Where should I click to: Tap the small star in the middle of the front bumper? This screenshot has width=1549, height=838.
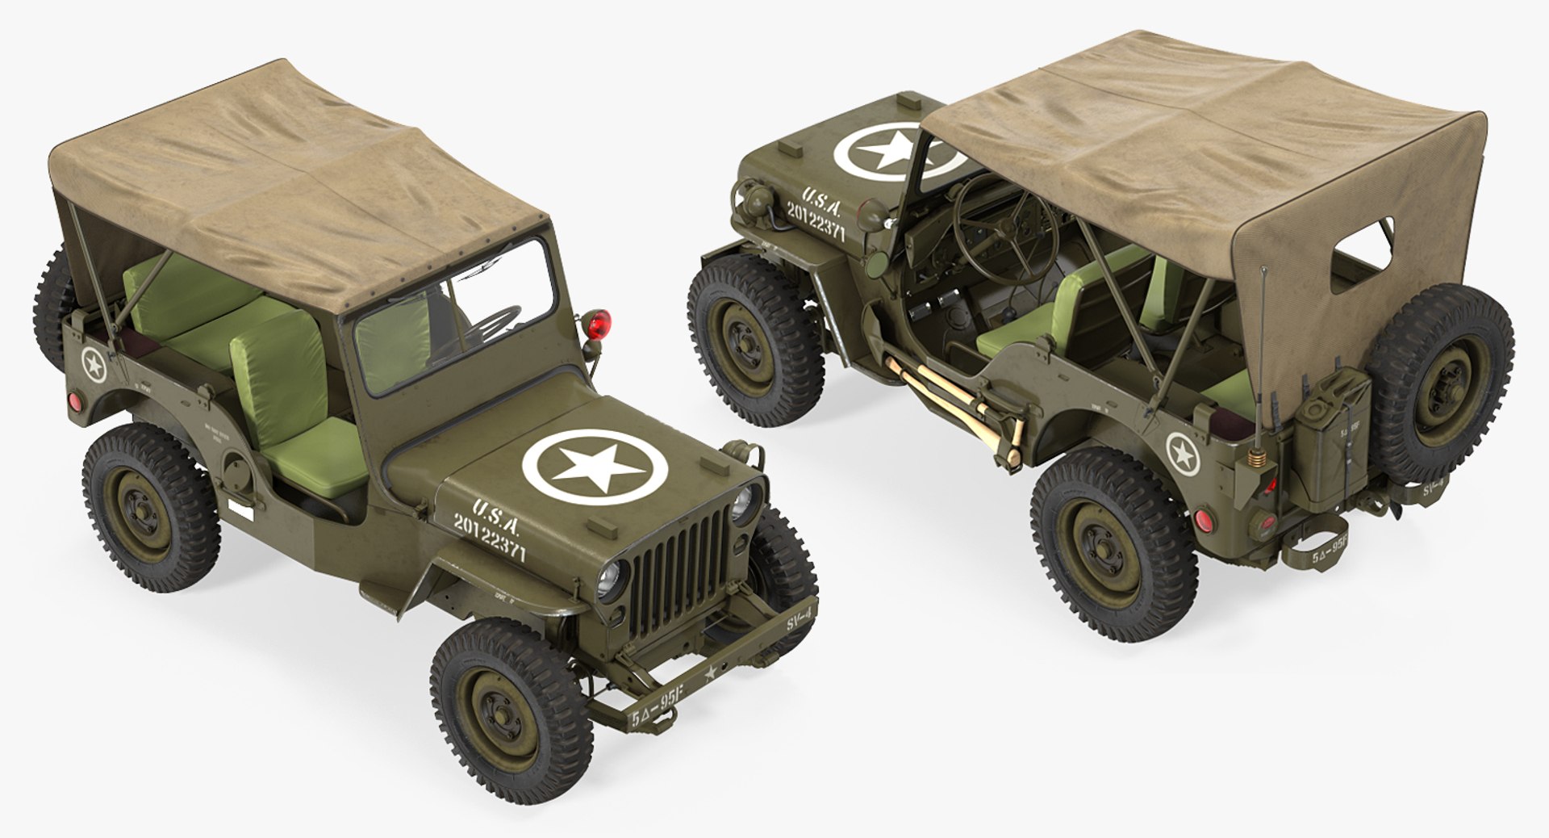[x=711, y=672]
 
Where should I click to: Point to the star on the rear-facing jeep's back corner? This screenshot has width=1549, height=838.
[x=1180, y=450]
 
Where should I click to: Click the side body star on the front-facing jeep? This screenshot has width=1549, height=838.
[x=94, y=365]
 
